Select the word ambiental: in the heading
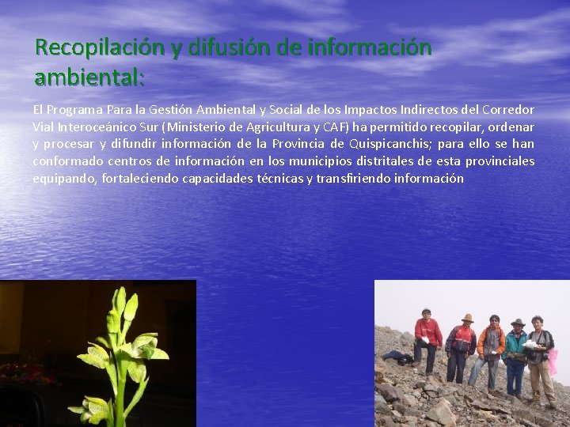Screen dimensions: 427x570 pyautogui.click(x=89, y=77)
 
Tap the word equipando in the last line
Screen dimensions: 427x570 pyautogui.click(x=65, y=179)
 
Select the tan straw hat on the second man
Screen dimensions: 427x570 pyautogui.click(x=468, y=318)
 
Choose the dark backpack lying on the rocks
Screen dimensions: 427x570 pyautogui.click(x=397, y=357)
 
